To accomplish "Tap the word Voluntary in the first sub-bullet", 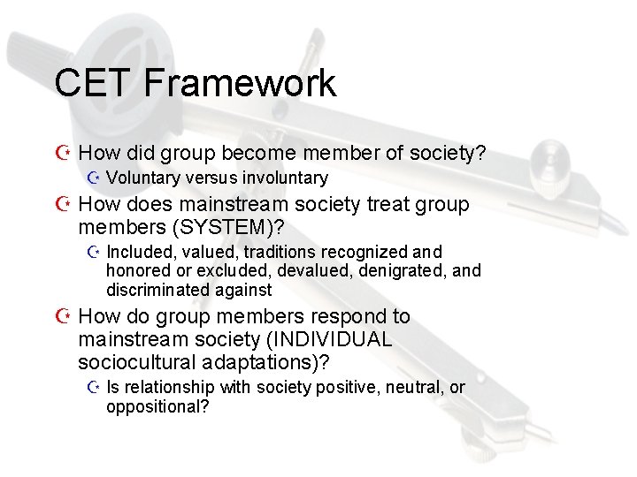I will tap(142, 178).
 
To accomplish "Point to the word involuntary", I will tap(283, 178).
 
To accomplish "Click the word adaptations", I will tap(266, 362).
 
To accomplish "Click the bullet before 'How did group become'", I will tap(64, 155).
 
